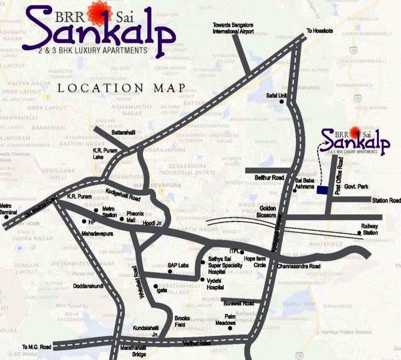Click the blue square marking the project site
pyautogui.click(x=323, y=191)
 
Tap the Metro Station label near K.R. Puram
pyautogui.click(x=109, y=213)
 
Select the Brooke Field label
pyautogui.click(x=182, y=320)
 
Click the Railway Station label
pyautogui.click(x=370, y=230)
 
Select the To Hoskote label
pyautogui.click(x=319, y=30)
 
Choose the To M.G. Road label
pyautogui.click(x=36, y=347)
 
